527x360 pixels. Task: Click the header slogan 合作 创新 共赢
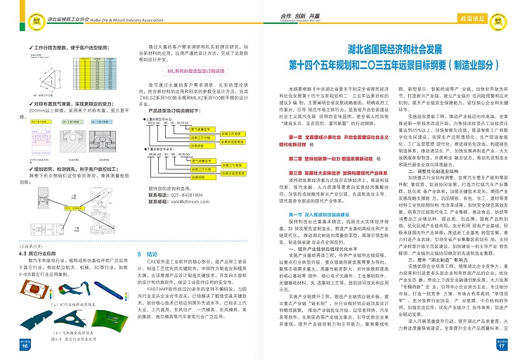click(x=289, y=14)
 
